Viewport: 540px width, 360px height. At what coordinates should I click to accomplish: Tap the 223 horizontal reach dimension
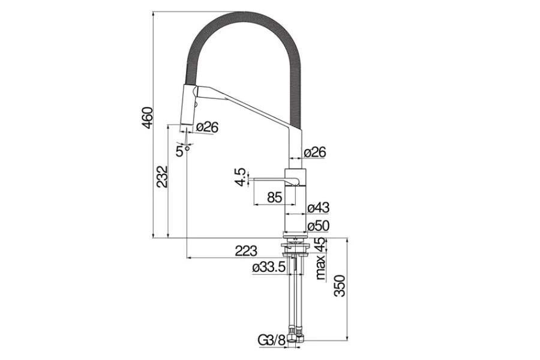click(x=246, y=251)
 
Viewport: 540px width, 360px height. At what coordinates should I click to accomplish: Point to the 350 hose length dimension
click(x=340, y=287)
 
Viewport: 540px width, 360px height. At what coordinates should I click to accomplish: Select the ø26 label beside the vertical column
click(x=314, y=152)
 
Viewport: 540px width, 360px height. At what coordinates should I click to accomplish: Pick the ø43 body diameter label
click(x=318, y=208)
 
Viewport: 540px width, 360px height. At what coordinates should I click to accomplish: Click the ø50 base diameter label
click(x=318, y=226)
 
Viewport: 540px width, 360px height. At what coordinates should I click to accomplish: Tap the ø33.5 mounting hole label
click(x=269, y=268)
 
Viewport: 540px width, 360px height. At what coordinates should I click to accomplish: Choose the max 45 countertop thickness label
click(x=321, y=259)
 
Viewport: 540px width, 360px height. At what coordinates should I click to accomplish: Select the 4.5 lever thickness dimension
click(x=240, y=178)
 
